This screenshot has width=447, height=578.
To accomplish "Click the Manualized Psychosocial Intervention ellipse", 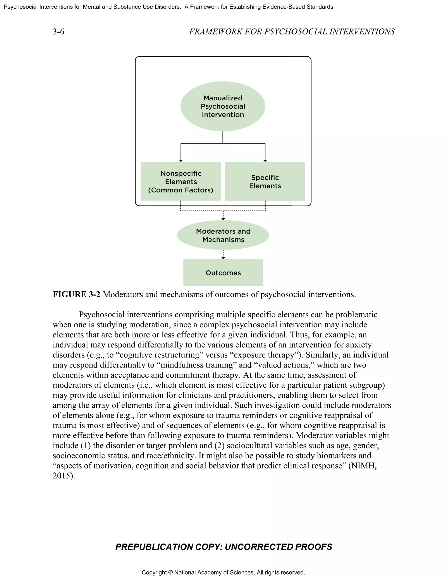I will point(223,106).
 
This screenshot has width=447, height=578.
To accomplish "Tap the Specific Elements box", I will point(265,181).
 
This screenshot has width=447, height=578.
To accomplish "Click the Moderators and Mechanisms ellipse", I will point(223,235).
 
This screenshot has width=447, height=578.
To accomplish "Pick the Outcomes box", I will point(223,273).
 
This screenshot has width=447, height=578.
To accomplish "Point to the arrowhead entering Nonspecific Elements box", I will point(181,160).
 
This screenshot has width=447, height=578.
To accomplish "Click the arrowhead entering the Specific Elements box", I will point(265,160).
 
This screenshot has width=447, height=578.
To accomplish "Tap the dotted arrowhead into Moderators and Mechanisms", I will point(223,219).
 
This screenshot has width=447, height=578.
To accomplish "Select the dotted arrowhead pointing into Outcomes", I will point(223,258).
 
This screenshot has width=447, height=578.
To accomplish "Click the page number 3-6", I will point(58,32).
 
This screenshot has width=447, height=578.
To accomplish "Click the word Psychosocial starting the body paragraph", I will point(101,315).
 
